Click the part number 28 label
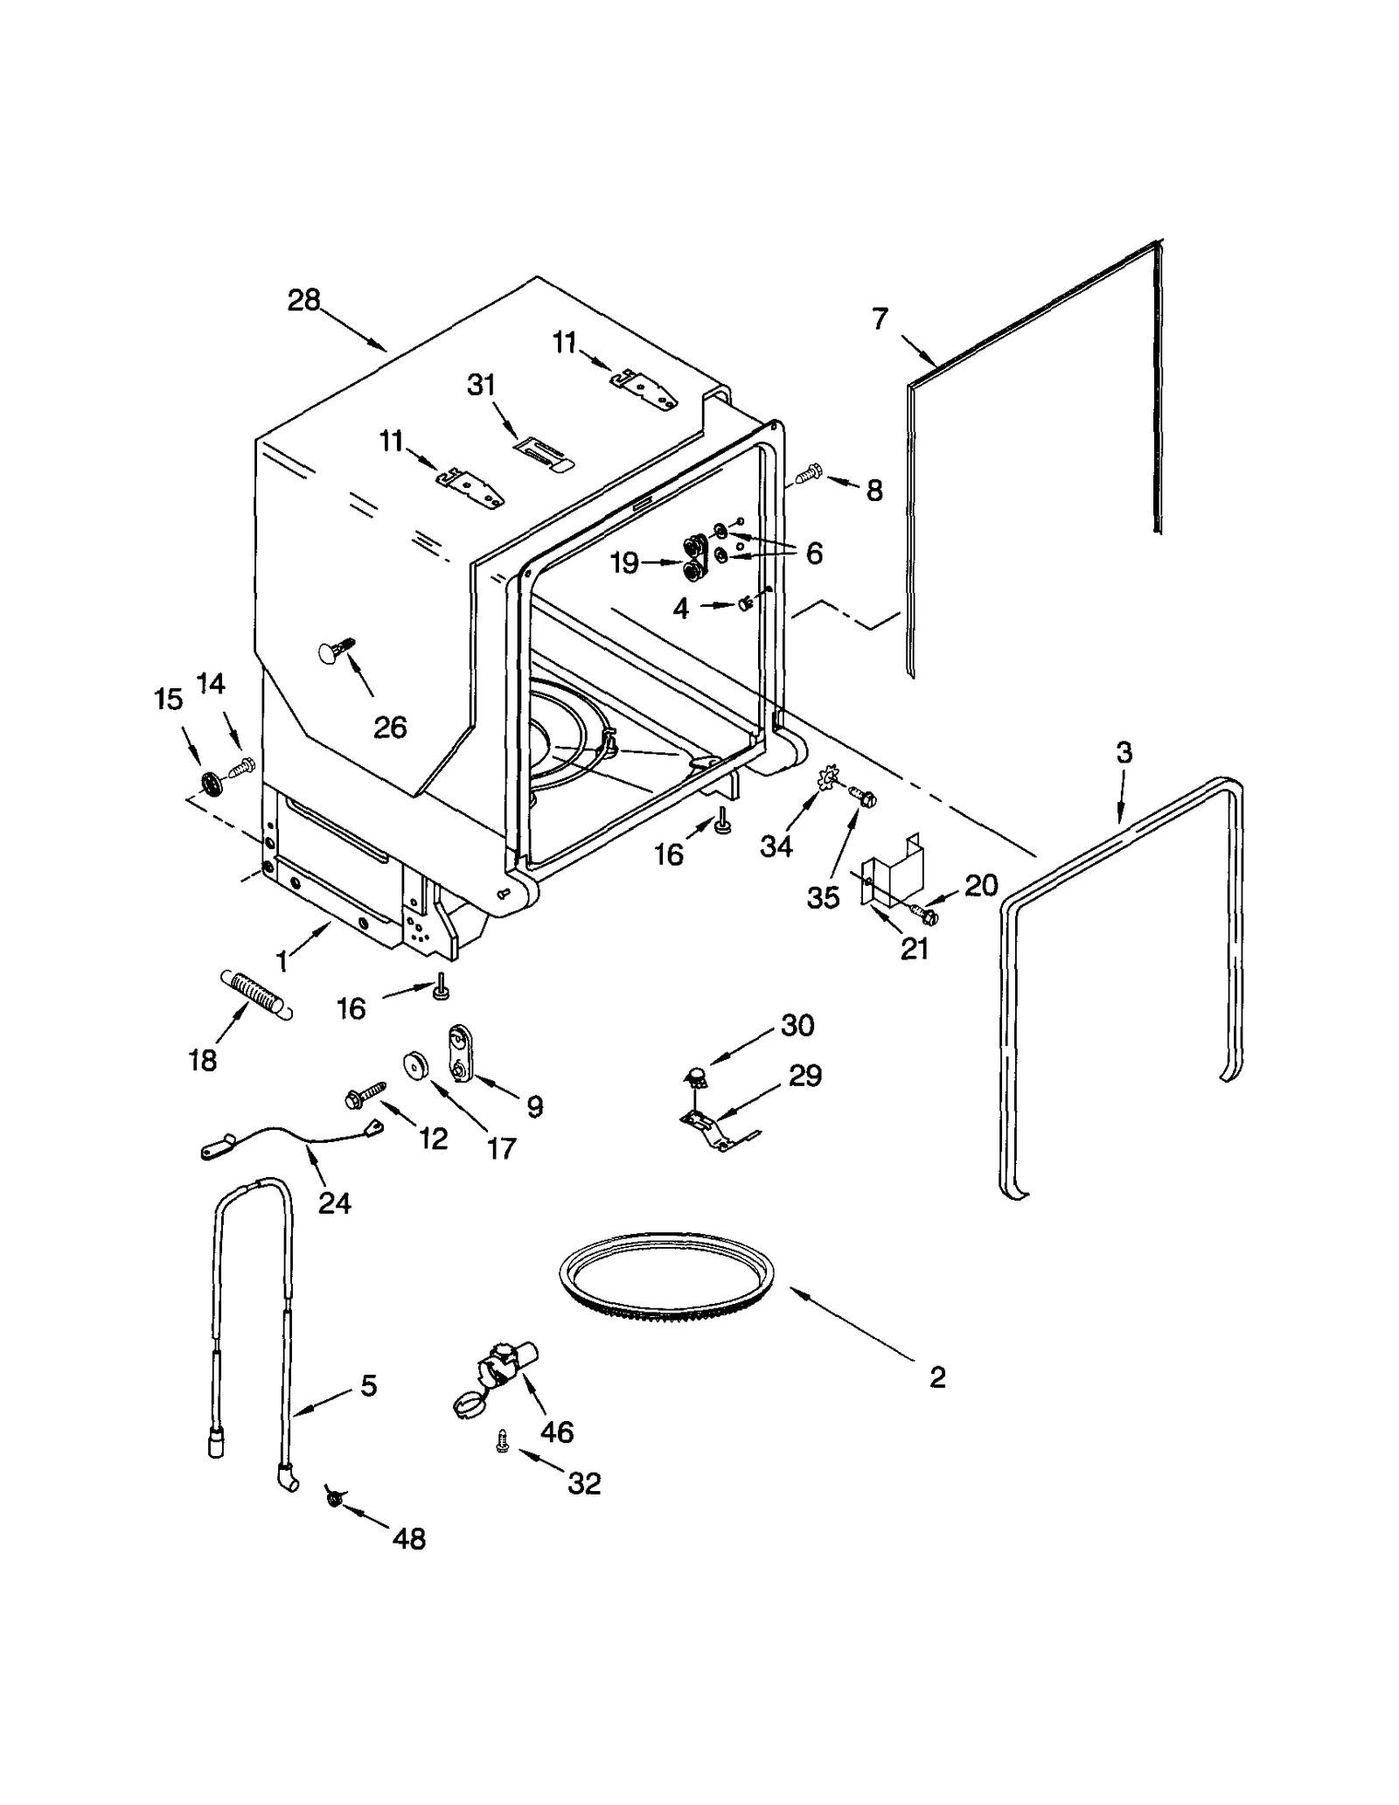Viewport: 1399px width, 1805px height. click(303, 300)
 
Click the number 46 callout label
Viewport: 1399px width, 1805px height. click(556, 1432)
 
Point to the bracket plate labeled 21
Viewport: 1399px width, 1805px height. click(894, 875)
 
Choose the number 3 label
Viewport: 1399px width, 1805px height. click(1124, 751)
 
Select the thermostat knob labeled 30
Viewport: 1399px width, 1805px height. click(697, 1076)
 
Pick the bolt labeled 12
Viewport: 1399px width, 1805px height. click(367, 1093)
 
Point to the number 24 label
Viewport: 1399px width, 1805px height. click(334, 1203)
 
